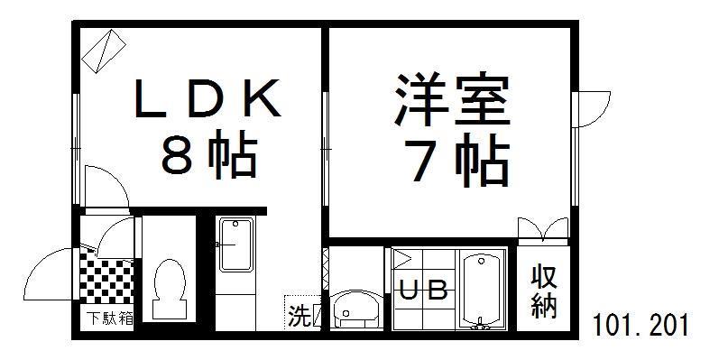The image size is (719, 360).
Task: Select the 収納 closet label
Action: (x=542, y=291)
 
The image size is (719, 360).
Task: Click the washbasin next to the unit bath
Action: (x=354, y=309)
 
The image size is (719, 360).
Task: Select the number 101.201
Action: (x=641, y=323)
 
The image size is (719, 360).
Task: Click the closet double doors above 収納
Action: (x=542, y=229)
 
